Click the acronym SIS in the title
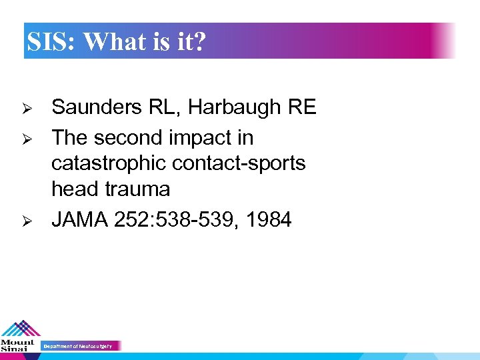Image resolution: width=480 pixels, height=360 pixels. [x=50, y=42]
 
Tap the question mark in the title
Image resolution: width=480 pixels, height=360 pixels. [x=200, y=42]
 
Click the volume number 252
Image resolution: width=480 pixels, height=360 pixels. [x=128, y=219]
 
